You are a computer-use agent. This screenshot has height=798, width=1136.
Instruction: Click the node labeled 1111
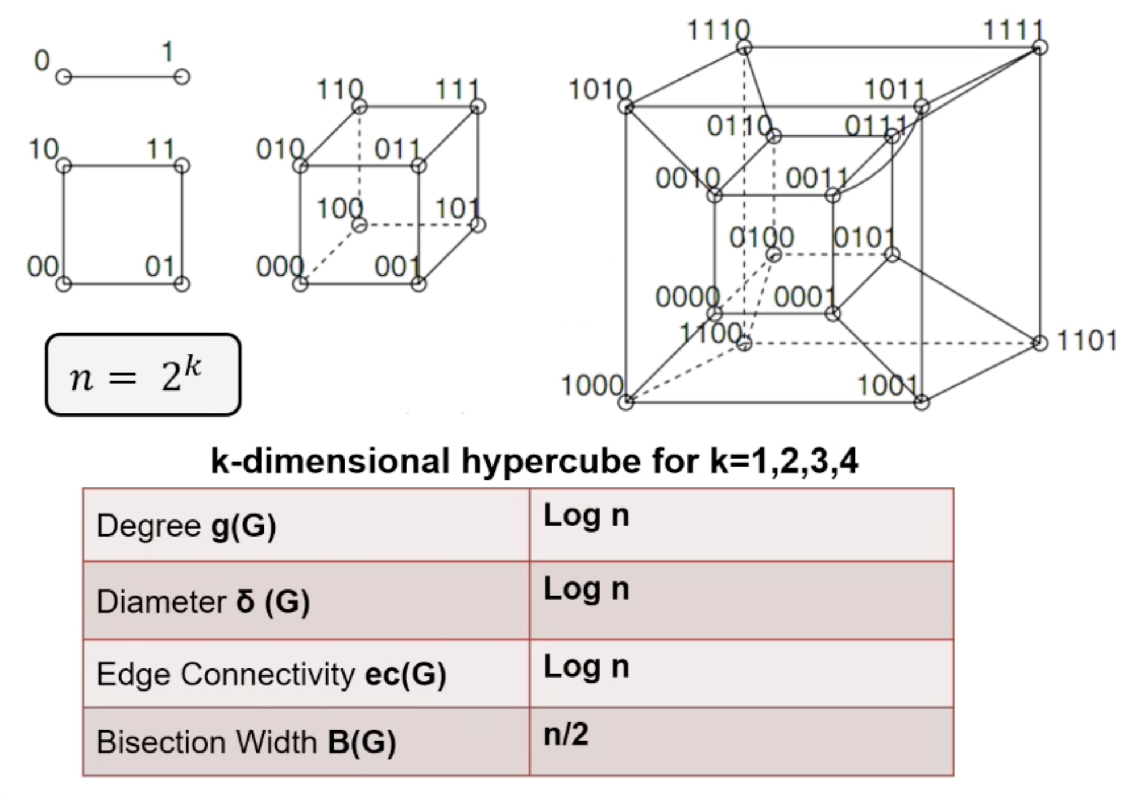[1039, 48]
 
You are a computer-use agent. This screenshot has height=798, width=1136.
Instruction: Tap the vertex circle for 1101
[1039, 343]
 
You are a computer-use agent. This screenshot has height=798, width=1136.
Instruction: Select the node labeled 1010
[626, 106]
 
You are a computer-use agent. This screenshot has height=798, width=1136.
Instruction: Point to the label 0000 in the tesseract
[687, 297]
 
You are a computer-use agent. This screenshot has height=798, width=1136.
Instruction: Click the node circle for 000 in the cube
[300, 283]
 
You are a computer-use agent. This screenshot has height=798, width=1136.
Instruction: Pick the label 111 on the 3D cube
[457, 90]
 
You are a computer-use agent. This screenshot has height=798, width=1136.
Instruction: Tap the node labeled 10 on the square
[64, 166]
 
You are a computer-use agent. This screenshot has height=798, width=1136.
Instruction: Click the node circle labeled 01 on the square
[181, 283]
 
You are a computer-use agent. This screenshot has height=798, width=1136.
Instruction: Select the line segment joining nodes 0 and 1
[122, 77]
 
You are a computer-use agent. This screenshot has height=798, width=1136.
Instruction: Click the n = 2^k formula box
[143, 375]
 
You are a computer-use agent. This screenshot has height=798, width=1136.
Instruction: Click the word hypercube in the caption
[552, 460]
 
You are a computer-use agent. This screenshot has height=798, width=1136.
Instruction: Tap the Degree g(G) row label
[186, 525]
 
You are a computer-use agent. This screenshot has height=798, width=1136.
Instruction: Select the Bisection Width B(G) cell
[246, 742]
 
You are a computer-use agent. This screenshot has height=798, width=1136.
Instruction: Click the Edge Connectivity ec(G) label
[271, 674]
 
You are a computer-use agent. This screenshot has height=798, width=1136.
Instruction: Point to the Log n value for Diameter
[586, 589]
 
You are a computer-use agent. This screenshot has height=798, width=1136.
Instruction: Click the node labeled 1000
[625, 402]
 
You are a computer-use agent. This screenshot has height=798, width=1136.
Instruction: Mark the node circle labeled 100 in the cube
[359, 225]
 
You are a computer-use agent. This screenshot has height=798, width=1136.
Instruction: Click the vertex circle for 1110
[744, 48]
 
